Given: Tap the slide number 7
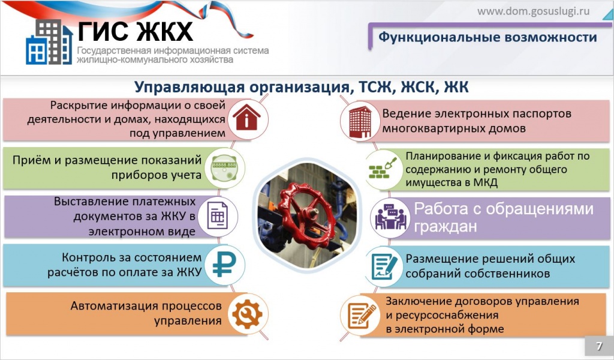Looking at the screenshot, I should click(598, 346).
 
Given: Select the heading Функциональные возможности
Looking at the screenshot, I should click(487, 37).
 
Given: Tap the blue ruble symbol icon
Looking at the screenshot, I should click(222, 265).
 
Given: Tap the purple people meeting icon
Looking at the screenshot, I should click(390, 217).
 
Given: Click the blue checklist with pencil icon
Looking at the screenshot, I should click(384, 266).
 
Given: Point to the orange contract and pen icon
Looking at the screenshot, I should click(361, 314).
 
